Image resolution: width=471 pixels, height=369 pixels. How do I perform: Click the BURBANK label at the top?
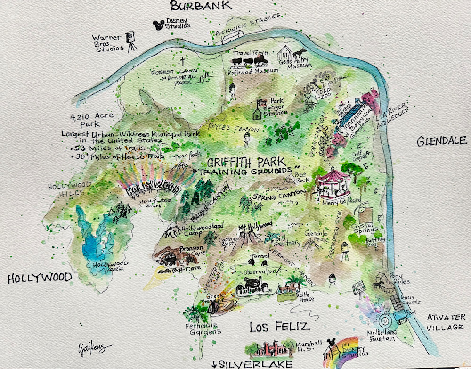point(201,6)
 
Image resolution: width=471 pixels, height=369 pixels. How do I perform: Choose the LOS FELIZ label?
point(279,327)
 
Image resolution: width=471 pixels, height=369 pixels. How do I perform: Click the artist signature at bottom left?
point(92,349)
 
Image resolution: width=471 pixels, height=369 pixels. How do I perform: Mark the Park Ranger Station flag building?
point(259,111)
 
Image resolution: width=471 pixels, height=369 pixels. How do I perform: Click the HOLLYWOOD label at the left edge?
point(40,279)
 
